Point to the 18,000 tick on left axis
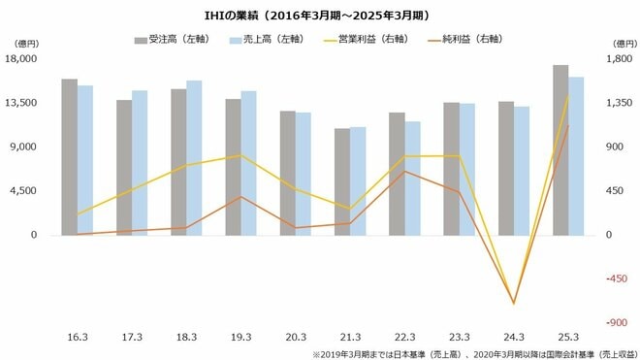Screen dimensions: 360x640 pos(22,59)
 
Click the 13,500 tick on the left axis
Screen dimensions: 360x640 pos(22,103)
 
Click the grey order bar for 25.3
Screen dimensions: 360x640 pos(560,150)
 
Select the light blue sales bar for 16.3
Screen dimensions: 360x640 pos(85,160)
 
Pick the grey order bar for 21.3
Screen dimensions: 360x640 pos(342,181)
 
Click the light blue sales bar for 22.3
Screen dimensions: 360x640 pos(413,179)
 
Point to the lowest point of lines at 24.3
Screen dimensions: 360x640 pos(514,304)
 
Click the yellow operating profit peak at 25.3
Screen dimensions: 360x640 pos(569,96)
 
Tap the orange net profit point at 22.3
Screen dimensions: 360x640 pos(404,172)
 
